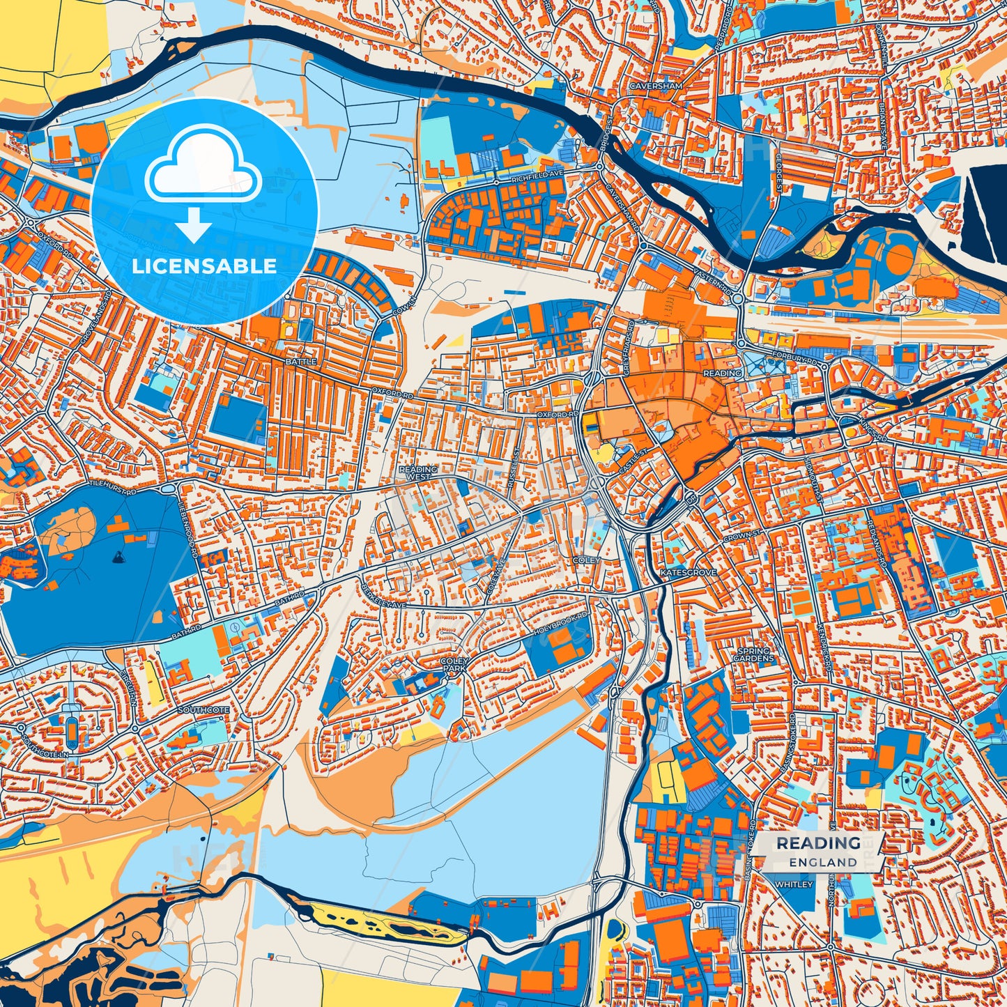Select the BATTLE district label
click(300, 362)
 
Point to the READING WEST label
click(418, 473)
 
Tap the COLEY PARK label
click(453, 663)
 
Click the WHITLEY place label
click(793, 884)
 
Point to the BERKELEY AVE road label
click(383, 593)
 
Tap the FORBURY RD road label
click(794, 358)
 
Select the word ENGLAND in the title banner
click(823, 862)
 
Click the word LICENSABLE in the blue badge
click(204, 266)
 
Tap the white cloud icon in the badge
click(203, 168)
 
